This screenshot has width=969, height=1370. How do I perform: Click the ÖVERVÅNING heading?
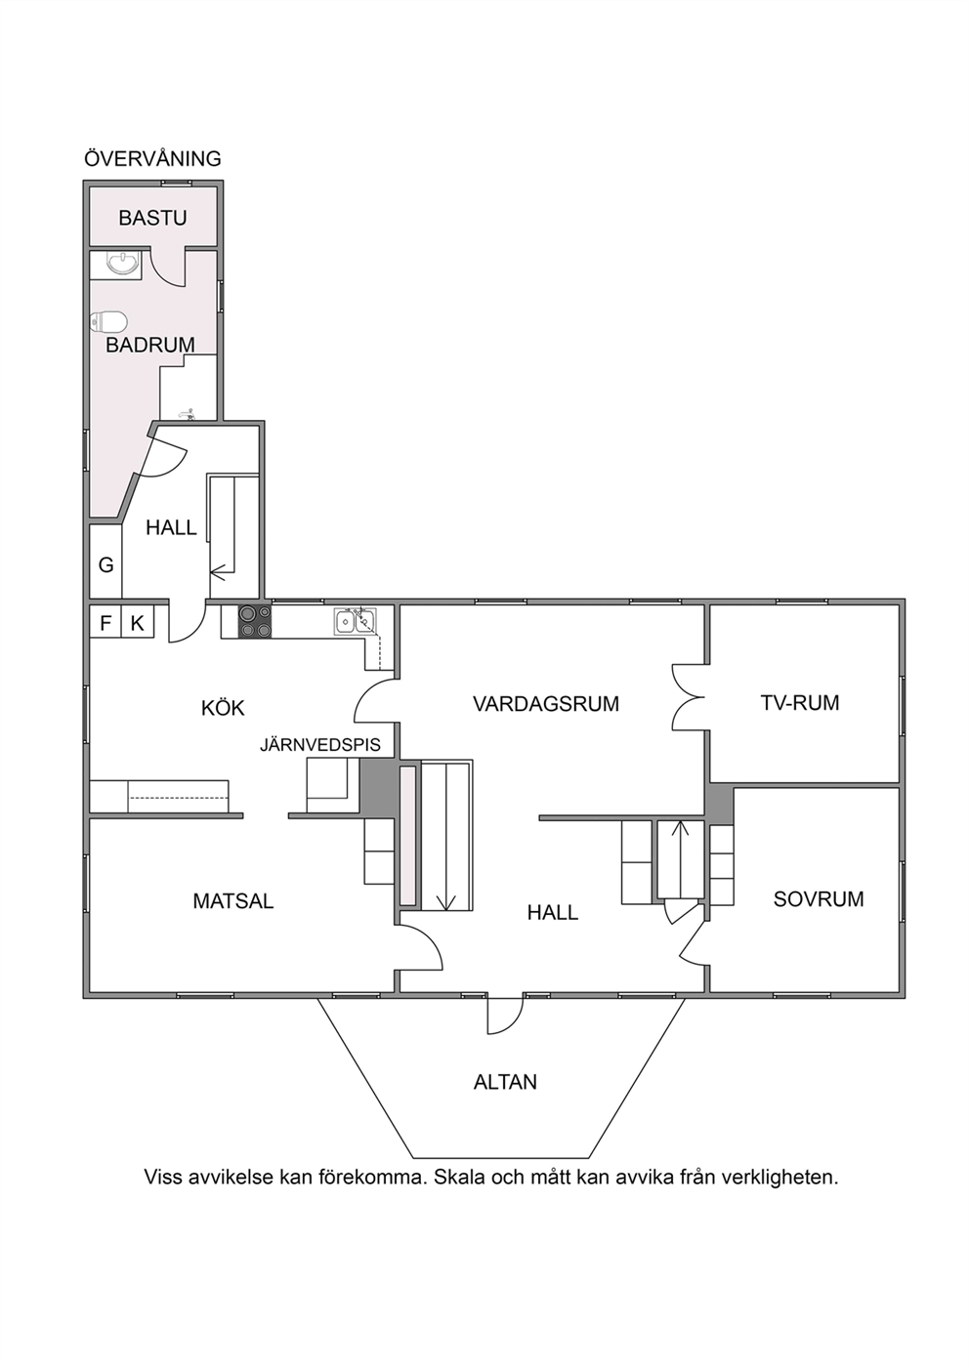coord(152,158)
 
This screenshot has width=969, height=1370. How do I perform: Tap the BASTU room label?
coord(153,218)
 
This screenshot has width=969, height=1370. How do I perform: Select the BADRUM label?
coord(149,345)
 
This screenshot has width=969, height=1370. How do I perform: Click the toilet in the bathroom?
coord(108,321)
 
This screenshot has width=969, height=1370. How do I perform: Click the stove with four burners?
coord(255,621)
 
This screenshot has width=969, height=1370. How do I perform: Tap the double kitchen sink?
coord(355,620)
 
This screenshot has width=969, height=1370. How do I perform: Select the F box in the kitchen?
coord(105,623)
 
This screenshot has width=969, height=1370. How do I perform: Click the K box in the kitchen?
coord(137,623)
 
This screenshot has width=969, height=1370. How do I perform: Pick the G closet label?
coord(105,564)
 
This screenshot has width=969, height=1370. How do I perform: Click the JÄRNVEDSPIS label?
coord(320,744)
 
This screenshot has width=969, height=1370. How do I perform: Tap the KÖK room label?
coord(223,708)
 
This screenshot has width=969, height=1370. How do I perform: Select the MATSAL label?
coord(233,900)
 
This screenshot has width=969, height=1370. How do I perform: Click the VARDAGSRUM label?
coord(546,704)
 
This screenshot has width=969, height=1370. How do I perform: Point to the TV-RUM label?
coord(800,703)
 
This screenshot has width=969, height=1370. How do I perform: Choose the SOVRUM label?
coord(819,898)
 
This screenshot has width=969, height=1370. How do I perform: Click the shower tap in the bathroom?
coord(188,414)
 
